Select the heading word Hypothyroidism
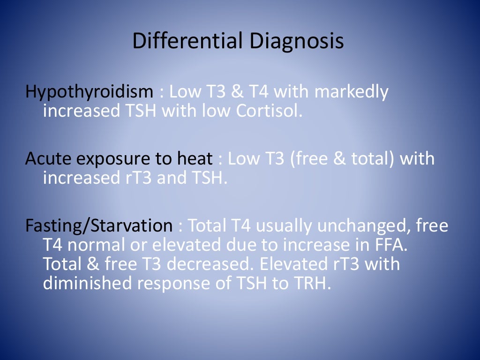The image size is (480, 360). [x=89, y=92]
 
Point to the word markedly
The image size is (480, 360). [x=352, y=92]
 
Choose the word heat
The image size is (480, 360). [x=195, y=159]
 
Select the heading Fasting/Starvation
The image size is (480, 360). [x=99, y=226]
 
